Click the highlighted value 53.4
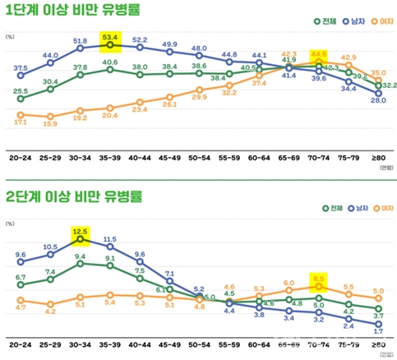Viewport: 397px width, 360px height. pos(109,37)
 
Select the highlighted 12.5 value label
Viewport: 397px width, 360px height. pos(81,232)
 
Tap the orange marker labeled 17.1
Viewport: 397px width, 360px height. pos(21,115)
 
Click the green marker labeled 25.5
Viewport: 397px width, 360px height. pos(21,99)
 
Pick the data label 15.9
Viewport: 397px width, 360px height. pos(50,123)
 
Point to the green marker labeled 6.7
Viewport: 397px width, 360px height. pos(21,285)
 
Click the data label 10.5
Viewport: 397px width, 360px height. pos(50,247)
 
